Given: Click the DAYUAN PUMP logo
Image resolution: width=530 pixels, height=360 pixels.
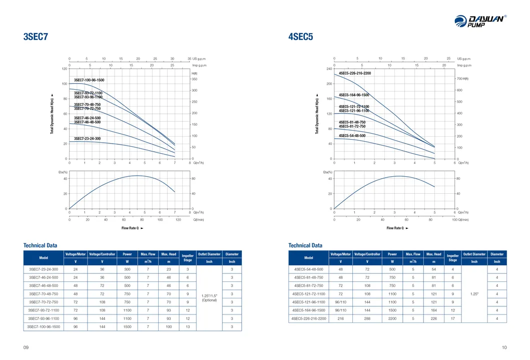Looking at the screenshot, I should (480, 22).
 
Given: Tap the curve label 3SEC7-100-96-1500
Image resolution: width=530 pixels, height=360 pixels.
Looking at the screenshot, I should (89, 80).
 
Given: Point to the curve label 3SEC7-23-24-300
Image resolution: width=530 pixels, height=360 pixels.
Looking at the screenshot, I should (87, 138).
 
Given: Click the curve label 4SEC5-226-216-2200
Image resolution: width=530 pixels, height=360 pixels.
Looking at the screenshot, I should (355, 73).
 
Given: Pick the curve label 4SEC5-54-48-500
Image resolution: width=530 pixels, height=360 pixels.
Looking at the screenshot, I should (352, 136).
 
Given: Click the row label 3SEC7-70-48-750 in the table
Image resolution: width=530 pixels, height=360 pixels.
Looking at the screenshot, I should (44, 293).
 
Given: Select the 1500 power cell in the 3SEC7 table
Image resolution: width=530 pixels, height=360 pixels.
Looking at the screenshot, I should (127, 326).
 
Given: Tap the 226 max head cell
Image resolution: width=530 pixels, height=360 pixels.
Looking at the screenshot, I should (433, 318).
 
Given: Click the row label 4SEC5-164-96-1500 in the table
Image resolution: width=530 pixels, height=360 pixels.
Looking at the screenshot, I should (309, 310).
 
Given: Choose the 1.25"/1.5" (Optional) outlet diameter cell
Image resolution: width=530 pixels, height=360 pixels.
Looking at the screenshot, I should (209, 297).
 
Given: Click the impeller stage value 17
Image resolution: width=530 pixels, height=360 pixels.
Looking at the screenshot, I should (452, 318).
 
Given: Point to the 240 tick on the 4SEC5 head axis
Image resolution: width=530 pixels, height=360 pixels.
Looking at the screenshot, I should (329, 69).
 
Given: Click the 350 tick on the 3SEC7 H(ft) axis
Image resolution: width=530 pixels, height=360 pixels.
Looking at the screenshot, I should (194, 79).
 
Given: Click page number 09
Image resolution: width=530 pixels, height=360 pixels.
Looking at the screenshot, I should (26, 347).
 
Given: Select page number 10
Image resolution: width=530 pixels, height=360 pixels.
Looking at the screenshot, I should (503, 347).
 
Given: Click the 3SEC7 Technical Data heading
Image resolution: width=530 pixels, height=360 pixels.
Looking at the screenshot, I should (40, 245).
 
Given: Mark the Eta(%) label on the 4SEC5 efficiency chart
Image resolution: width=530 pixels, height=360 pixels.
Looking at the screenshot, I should (328, 172).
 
